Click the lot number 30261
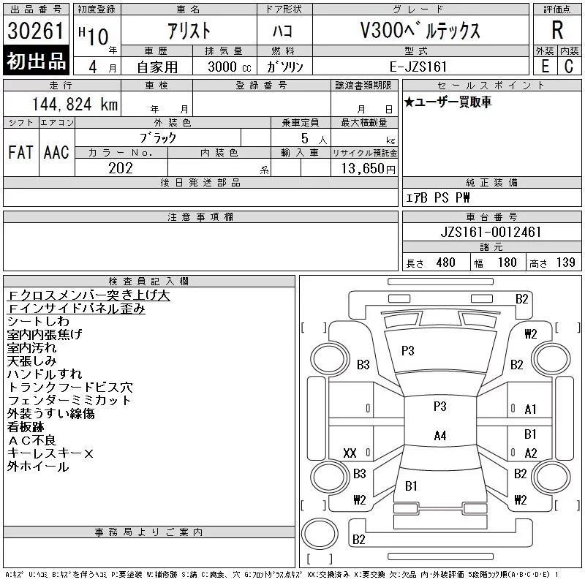[x=36, y=31]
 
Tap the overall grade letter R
[x=557, y=31]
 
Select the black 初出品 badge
[x=36, y=61]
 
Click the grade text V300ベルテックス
[x=419, y=31]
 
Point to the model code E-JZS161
[x=420, y=67]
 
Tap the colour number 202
[x=121, y=169]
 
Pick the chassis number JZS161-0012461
[x=492, y=233]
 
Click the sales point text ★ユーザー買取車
[x=448, y=102]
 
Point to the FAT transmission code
[x=20, y=153]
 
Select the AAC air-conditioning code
[x=56, y=153]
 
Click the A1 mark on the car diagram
[x=531, y=409]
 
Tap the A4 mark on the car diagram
[x=439, y=436]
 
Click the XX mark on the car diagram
[x=350, y=453]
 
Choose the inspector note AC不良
[x=31, y=440]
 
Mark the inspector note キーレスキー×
[x=50, y=453]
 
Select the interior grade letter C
[x=568, y=67]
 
